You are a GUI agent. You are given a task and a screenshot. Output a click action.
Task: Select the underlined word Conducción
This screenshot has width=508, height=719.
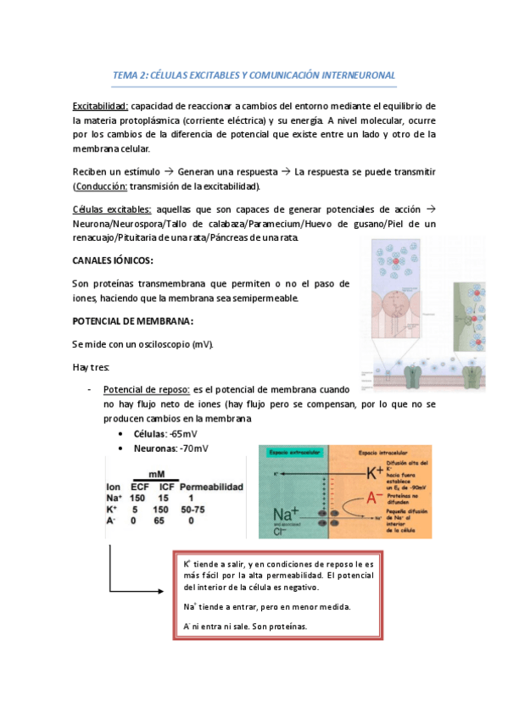(x=106, y=187)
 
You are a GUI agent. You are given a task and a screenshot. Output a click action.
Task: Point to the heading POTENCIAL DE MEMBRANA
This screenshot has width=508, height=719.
(x=134, y=321)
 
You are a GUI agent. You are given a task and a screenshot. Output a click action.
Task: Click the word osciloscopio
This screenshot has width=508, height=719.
(x=161, y=344)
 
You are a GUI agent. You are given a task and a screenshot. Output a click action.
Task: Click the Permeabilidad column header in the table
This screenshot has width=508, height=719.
(x=211, y=488)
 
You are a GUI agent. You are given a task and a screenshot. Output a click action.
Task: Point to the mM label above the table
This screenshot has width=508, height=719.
(x=158, y=476)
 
